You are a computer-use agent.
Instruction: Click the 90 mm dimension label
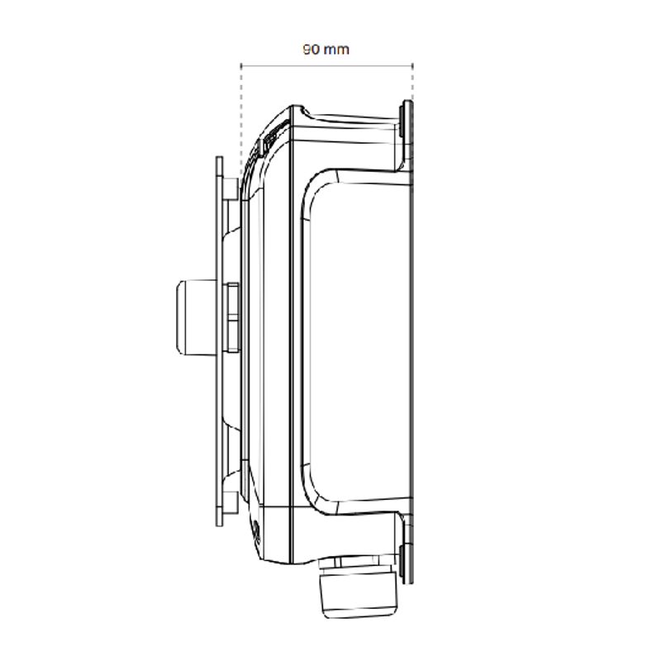tap(326, 50)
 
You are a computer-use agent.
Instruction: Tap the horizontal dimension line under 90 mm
tap(326, 65)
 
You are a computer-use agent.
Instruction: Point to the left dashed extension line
tap(240, 116)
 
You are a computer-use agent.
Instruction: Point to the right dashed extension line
tap(411, 83)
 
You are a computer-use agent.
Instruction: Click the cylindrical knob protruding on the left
tap(193, 316)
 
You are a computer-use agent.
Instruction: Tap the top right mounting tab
tap(405, 132)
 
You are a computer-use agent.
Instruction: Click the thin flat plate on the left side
tap(218, 339)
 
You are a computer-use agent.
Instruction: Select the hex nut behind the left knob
tap(232, 316)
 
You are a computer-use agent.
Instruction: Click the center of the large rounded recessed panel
tap(359, 339)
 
